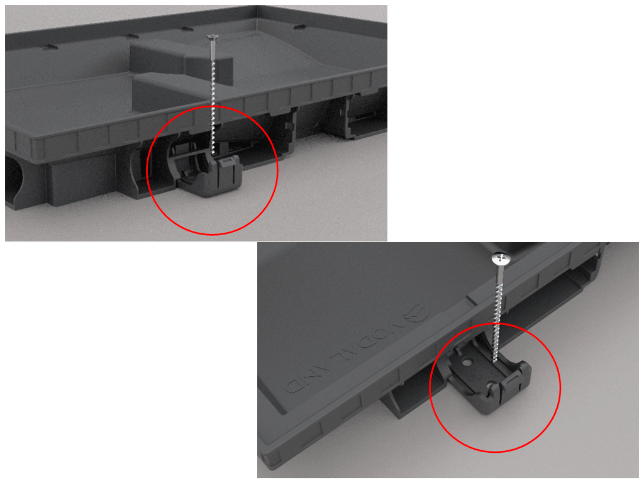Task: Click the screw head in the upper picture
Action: [x=213, y=38]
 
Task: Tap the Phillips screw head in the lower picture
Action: [x=500, y=258]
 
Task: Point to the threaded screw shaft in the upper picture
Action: [x=214, y=94]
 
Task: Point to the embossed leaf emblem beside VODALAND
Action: [x=416, y=309]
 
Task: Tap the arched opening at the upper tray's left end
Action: [x=14, y=179]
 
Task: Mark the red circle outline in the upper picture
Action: [x=277, y=170]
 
